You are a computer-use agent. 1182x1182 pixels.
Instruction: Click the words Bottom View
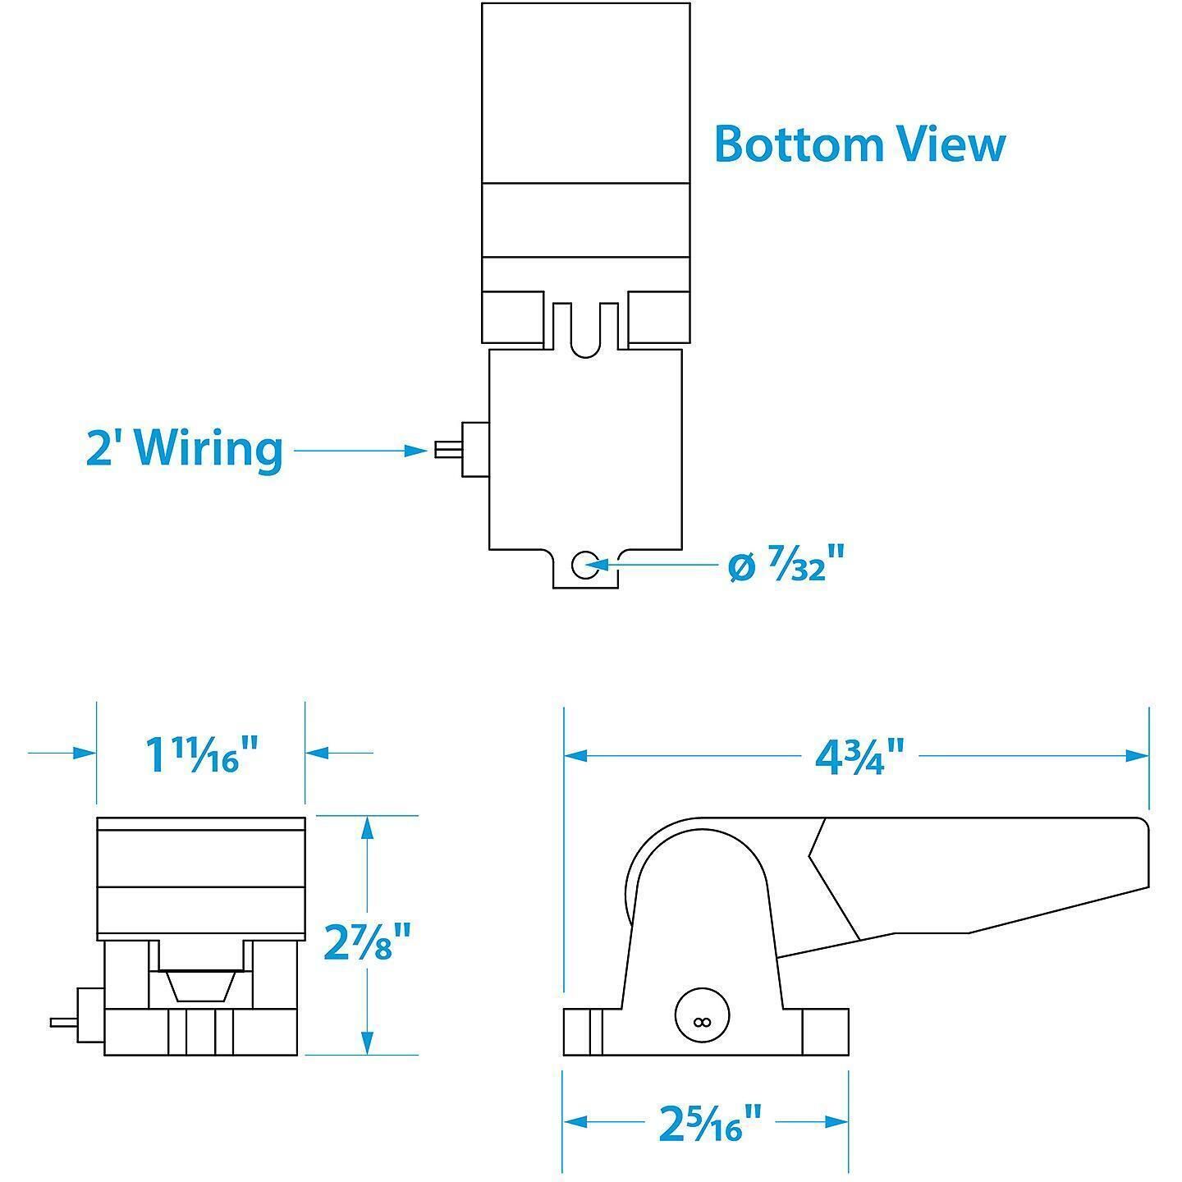pyautogui.click(x=859, y=144)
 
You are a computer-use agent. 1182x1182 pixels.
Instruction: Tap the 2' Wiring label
pyautogui.click(x=184, y=450)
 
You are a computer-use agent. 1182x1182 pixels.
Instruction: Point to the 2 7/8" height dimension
pyautogui.click(x=366, y=944)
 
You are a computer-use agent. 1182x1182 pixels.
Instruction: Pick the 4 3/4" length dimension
pyautogui.click(x=859, y=756)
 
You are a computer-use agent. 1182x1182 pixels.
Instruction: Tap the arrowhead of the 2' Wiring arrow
pyautogui.click(x=416, y=451)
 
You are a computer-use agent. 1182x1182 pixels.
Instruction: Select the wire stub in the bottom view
pyautogui.click(x=448, y=450)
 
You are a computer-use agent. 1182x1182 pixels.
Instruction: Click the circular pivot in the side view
pyautogui.click(x=703, y=1021)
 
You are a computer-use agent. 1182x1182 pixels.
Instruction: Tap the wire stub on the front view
pyautogui.click(x=64, y=1023)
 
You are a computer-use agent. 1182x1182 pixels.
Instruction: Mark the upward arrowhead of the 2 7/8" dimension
pyautogui.click(x=367, y=828)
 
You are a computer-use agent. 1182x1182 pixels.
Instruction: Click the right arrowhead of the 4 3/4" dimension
pyautogui.click(x=1137, y=756)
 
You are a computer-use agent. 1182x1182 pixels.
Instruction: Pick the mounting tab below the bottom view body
pyautogui.click(x=585, y=569)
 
